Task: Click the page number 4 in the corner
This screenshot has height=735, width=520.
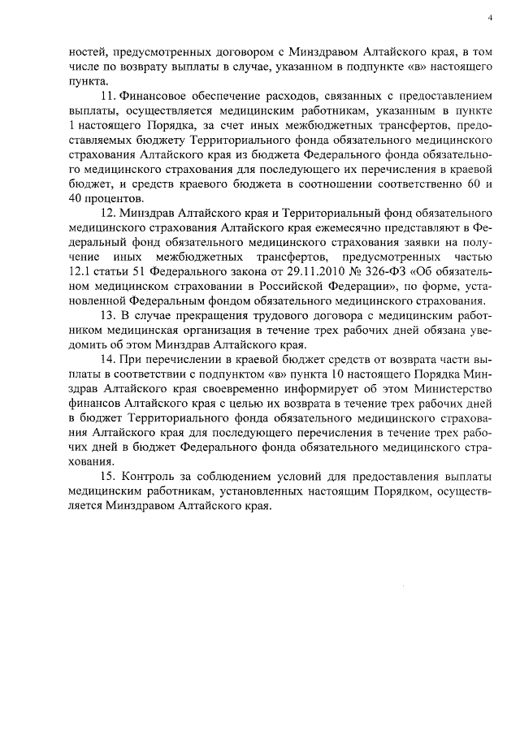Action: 491,17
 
